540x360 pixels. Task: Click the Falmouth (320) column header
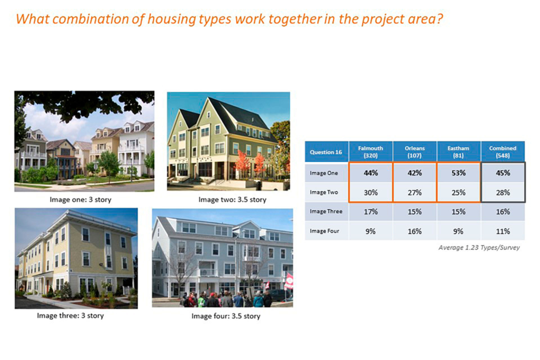[371, 151]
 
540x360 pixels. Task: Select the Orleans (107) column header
[415, 151]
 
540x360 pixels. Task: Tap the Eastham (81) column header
[458, 151]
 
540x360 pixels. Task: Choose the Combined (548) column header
[503, 151]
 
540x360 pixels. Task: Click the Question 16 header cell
[326, 152]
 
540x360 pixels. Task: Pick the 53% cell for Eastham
[458, 173]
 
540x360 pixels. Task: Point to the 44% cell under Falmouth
[371, 173]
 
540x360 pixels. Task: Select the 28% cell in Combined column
[503, 192]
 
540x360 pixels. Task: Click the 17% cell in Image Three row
[371, 211]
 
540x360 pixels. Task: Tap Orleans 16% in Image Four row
[415, 231]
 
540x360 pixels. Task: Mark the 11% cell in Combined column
[503, 231]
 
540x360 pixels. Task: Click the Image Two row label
[324, 192]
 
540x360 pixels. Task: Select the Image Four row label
[325, 231]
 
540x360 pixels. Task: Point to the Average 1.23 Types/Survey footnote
[479, 247]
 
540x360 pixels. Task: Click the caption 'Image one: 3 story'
[80, 200]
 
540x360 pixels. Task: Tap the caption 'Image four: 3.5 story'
[226, 316]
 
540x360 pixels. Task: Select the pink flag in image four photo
[289, 281]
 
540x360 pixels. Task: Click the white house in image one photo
[136, 148]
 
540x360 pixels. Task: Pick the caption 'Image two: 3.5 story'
[232, 200]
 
